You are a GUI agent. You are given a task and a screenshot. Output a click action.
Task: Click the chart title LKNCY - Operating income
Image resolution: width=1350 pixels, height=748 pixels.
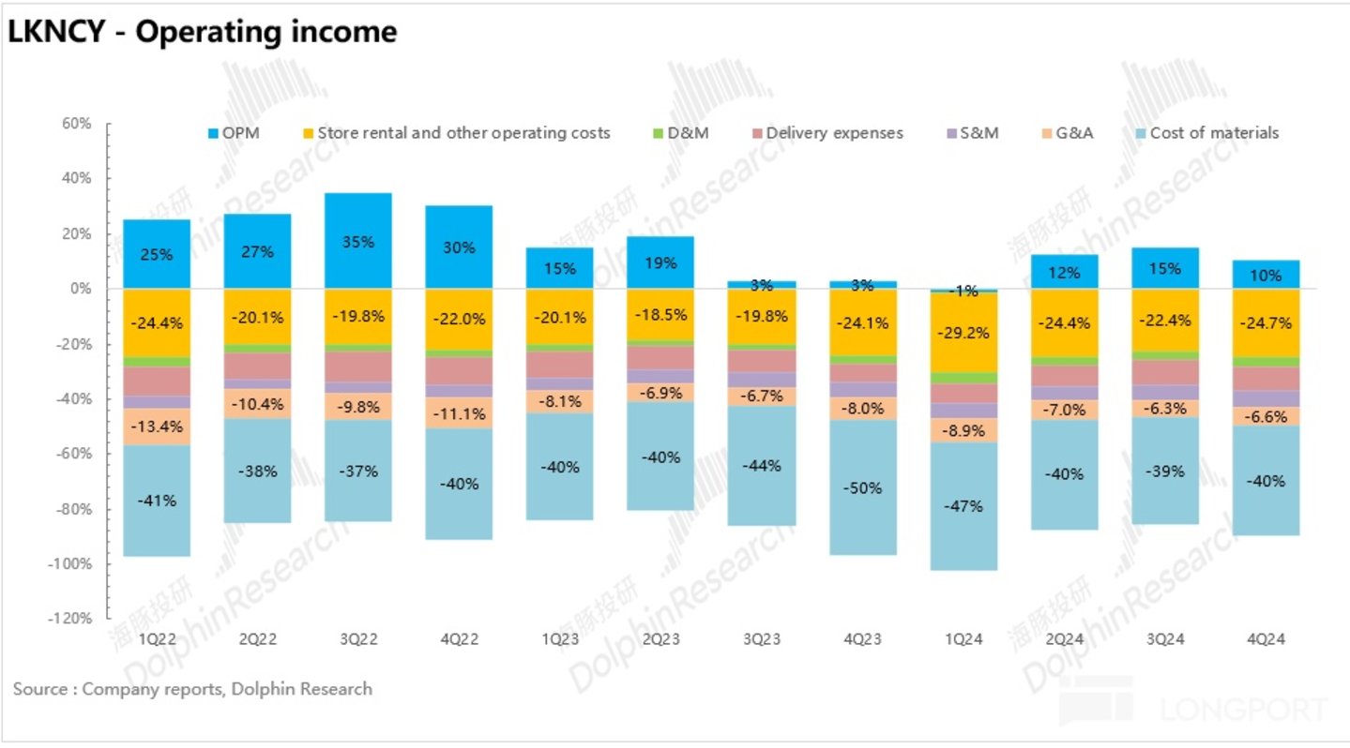202,32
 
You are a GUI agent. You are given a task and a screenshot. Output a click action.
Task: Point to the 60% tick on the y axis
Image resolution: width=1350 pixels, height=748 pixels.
76,124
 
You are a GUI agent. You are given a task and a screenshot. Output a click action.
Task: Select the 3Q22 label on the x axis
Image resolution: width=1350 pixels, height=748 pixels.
358,638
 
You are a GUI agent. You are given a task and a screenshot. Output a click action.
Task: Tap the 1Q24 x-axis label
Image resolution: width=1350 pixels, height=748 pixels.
963,638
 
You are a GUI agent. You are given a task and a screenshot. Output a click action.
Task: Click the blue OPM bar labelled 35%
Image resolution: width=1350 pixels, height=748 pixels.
358,241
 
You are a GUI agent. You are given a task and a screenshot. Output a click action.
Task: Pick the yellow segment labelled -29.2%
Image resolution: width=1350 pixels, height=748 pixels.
963,332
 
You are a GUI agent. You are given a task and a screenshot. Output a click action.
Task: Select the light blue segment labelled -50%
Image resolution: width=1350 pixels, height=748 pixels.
862,487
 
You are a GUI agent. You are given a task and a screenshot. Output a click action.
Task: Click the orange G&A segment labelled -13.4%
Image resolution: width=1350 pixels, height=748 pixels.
156,426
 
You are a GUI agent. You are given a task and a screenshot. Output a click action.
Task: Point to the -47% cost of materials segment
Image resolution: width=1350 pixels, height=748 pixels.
963,506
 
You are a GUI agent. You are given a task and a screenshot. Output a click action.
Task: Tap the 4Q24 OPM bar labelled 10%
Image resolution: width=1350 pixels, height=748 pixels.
1266,275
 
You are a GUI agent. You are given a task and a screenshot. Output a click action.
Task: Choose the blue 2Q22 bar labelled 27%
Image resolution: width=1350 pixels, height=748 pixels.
257,251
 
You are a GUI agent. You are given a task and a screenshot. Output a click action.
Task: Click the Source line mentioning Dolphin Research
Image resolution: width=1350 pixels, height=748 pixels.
192,689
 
